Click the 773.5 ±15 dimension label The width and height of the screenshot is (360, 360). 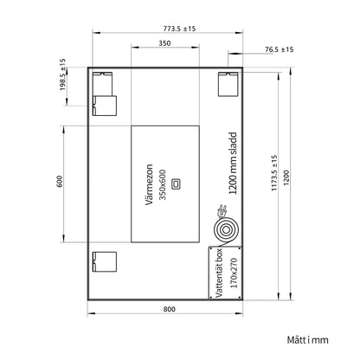pyautogui.click(x=179, y=29)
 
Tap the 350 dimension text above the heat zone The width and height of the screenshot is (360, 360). pyautogui.click(x=164, y=43)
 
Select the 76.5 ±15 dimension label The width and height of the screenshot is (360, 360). pyautogui.click(x=280, y=49)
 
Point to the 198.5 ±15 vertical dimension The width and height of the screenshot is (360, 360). pyautogui.click(x=63, y=74)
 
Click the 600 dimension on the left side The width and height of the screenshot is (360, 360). pyautogui.click(x=60, y=181)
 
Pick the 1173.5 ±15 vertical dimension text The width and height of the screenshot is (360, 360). pyautogui.click(x=274, y=173)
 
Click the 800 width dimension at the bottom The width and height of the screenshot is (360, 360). pyautogui.click(x=169, y=309)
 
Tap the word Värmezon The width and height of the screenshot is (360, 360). pyautogui.click(x=149, y=184)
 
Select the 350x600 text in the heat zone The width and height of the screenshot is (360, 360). pyautogui.click(x=163, y=184)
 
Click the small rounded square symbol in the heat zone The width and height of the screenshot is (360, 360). pyautogui.click(x=176, y=183)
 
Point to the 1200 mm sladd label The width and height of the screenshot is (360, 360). pyautogui.click(x=233, y=164)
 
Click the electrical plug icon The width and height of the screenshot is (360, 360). pyautogui.click(x=222, y=210)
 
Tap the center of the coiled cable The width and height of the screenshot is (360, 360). pyautogui.click(x=227, y=230)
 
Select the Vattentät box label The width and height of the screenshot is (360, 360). pyautogui.click(x=219, y=273)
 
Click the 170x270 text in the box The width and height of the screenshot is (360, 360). pyautogui.click(x=234, y=273)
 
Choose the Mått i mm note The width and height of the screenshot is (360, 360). pyautogui.click(x=308, y=340)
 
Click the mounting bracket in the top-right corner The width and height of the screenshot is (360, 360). pyautogui.click(x=228, y=84)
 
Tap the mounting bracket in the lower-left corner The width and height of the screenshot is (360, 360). pyautogui.click(x=105, y=262)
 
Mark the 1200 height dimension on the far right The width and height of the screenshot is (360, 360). pyautogui.click(x=286, y=178)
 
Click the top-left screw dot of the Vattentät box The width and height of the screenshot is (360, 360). pyautogui.click(x=211, y=248)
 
